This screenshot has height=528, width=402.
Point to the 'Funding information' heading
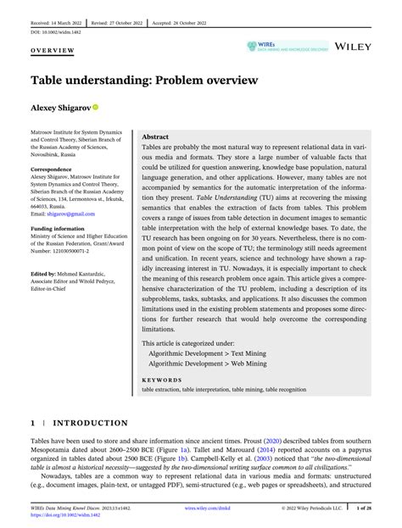coord(61,228)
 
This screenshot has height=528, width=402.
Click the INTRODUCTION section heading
coord(85,420)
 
